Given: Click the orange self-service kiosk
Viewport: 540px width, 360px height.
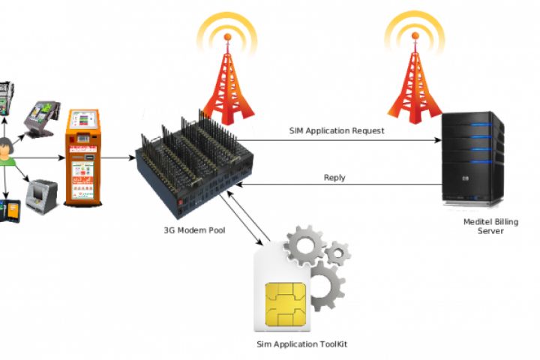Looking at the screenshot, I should pyautogui.click(x=82, y=157).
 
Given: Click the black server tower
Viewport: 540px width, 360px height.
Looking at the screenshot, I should pyautogui.click(x=472, y=158).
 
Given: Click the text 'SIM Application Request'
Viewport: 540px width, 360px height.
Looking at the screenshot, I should pyautogui.click(x=337, y=130).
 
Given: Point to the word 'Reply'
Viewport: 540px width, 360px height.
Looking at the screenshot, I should pyautogui.click(x=334, y=178).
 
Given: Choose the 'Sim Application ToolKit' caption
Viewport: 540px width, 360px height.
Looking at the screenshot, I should pyautogui.click(x=301, y=344).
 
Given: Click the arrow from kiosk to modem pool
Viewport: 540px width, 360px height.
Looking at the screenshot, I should pyautogui.click(x=118, y=157).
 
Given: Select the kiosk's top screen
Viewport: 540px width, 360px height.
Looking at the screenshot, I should pyautogui.click(x=82, y=121).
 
